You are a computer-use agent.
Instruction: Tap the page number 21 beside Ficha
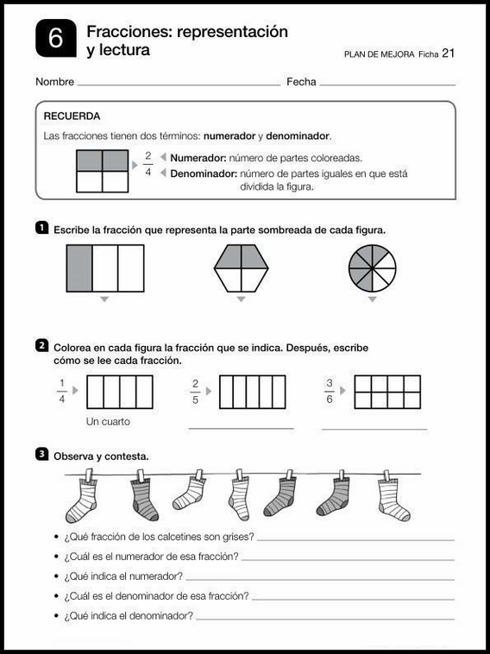point(448,53)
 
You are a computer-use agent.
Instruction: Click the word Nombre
point(54,83)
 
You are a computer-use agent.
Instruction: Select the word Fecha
point(301,83)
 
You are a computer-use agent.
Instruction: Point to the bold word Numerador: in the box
point(198,158)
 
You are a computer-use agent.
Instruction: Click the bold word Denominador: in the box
point(204,173)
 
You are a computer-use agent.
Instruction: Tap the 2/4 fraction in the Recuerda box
point(148,164)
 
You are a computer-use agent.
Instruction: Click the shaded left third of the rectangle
point(79,268)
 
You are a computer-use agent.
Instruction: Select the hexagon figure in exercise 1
point(242,268)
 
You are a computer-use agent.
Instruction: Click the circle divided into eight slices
point(372,268)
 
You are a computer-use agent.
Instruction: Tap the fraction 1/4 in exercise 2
point(61,391)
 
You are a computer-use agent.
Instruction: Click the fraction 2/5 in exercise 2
point(196,391)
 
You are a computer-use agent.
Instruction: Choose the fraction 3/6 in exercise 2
point(330,391)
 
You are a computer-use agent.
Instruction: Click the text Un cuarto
point(109,422)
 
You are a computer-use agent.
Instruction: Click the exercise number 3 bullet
point(41,453)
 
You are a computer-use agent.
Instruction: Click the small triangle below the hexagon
point(242,299)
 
